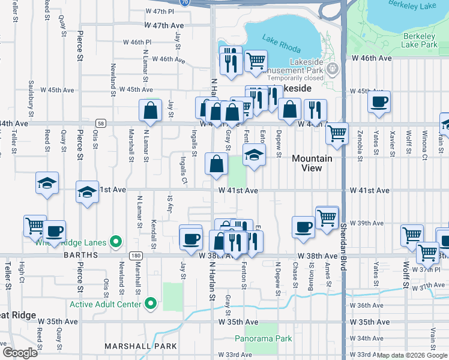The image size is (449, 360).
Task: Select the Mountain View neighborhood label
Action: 312,163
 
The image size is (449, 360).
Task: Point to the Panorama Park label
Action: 263,338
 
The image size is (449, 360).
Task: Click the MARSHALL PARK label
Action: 140,346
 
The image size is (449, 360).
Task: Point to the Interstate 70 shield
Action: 185,2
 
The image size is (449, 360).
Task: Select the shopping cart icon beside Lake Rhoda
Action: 256,60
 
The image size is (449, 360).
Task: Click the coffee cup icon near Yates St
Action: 379,101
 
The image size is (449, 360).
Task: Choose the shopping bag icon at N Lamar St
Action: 149,110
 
